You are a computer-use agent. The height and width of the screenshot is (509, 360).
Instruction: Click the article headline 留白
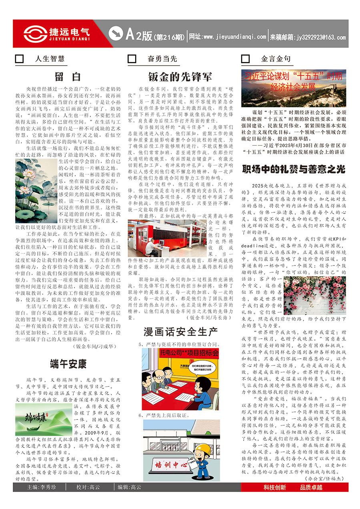click(x=68, y=76)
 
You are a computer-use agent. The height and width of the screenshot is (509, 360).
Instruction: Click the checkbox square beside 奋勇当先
click(x=132, y=59)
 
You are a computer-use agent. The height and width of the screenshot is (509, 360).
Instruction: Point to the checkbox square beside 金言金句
click(x=245, y=59)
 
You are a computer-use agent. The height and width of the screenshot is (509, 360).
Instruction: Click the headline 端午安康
click(x=68, y=364)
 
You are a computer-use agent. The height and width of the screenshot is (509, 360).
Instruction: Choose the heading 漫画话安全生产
click(x=180, y=331)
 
